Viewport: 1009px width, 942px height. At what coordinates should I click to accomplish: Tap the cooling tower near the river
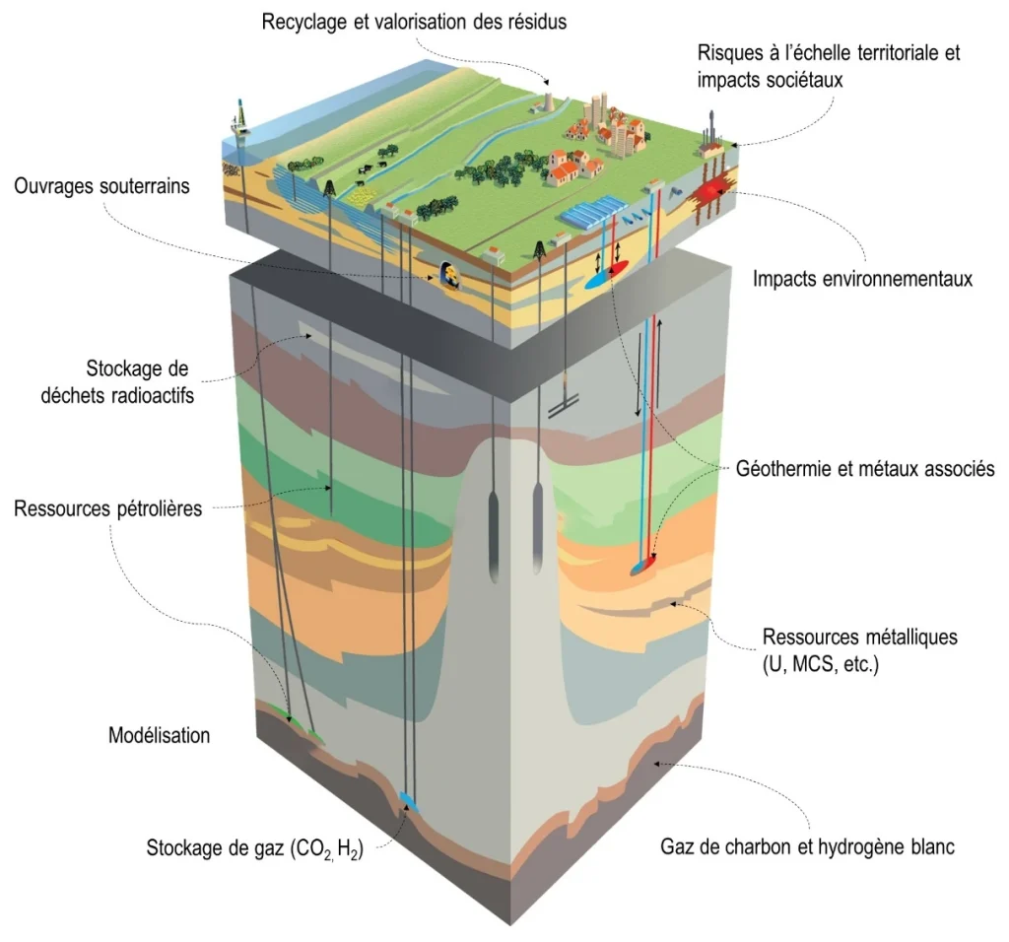pyautogui.click(x=545, y=102)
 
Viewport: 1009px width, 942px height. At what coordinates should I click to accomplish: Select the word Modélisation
pyautogui.click(x=159, y=735)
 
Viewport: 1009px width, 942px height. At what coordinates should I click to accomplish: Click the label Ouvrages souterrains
pyautogui.click(x=101, y=186)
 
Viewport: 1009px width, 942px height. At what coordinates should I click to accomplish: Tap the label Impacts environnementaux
pyautogui.click(x=862, y=279)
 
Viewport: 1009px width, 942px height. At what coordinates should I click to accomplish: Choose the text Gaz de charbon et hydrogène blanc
pyautogui.click(x=807, y=846)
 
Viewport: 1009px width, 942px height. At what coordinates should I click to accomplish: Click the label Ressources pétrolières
pyautogui.click(x=108, y=509)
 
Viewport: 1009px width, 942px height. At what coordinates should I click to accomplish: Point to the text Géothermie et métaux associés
pyautogui.click(x=865, y=468)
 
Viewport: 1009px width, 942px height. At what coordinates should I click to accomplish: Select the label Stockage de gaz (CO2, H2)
pyautogui.click(x=255, y=848)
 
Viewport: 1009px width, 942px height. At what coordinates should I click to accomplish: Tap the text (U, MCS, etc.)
pyautogui.click(x=821, y=664)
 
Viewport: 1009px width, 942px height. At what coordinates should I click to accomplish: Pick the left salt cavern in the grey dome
pyautogui.click(x=494, y=531)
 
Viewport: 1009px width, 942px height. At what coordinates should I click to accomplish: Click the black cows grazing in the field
pyautogui.click(x=372, y=168)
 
